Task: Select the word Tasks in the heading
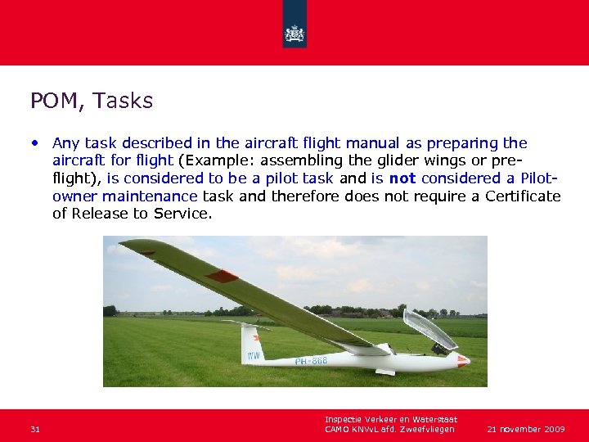click(x=123, y=101)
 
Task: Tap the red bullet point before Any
click(x=36, y=142)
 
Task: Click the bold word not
click(x=402, y=178)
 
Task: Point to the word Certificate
click(x=523, y=196)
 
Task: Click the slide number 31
click(x=35, y=429)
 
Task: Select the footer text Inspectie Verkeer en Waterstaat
click(x=390, y=419)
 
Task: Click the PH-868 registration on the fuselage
click(x=311, y=361)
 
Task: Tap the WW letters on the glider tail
click(x=254, y=355)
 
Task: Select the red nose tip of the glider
click(x=463, y=359)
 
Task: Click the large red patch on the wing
click(x=222, y=276)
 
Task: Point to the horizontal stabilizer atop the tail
click(x=245, y=325)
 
